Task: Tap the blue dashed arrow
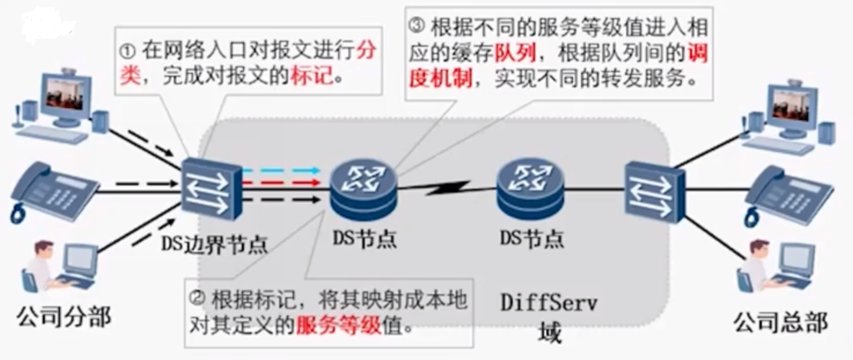(281, 170)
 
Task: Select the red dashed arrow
(281, 183)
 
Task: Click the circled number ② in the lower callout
(197, 298)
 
